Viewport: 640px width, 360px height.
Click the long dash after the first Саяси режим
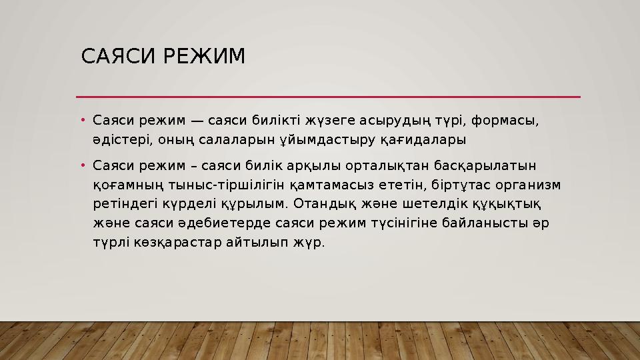(x=197, y=121)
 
